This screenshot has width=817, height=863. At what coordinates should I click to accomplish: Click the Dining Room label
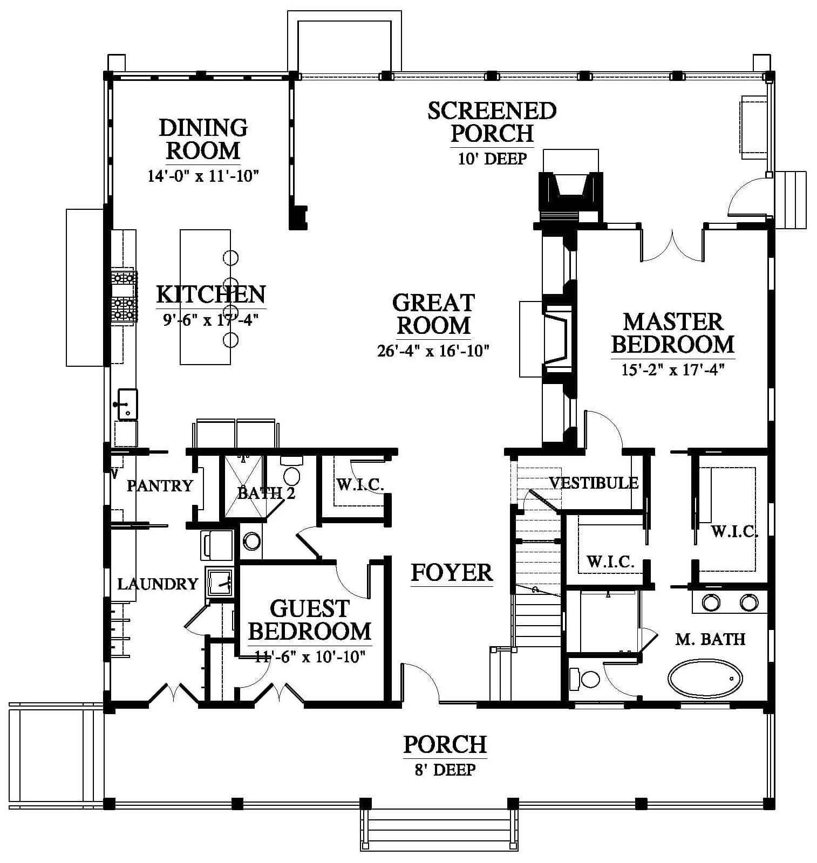click(x=203, y=139)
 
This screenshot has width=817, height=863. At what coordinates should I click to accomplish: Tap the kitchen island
click(x=205, y=297)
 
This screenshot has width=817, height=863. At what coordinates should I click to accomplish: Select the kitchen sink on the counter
click(x=127, y=404)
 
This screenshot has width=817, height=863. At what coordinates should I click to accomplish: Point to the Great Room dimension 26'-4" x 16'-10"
click(x=433, y=351)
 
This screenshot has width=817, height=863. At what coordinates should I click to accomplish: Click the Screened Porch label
click(x=492, y=122)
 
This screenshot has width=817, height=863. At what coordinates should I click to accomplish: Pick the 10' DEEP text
click(x=492, y=159)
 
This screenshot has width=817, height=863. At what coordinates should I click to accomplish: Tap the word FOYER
click(x=452, y=572)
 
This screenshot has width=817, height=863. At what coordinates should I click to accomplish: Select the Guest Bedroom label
click(x=309, y=620)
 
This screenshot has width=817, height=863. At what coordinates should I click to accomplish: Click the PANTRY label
click(x=160, y=485)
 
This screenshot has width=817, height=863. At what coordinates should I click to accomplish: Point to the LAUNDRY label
click(x=158, y=584)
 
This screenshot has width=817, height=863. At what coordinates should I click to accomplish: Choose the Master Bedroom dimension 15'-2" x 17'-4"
click(x=672, y=370)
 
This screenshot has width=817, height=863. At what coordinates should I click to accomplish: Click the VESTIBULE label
click(x=594, y=483)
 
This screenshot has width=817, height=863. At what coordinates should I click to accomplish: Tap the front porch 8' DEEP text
click(x=445, y=770)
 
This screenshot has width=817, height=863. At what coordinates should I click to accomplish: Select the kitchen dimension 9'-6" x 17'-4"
click(x=211, y=320)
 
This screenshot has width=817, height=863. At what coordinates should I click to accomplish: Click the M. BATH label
click(x=710, y=639)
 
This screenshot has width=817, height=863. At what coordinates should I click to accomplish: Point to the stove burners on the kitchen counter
click(x=124, y=297)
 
